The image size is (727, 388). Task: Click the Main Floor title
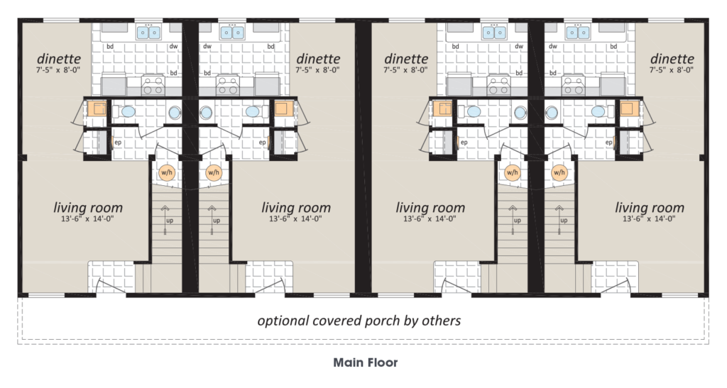point(366,362)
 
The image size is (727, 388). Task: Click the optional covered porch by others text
point(359,321)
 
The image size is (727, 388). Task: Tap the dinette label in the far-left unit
point(58,59)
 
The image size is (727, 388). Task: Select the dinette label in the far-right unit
point(672,59)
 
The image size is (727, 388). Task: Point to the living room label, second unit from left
point(296,207)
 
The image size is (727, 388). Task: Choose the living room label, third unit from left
point(430,207)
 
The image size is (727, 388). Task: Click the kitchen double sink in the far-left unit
point(148,33)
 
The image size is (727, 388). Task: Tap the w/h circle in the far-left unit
point(166,172)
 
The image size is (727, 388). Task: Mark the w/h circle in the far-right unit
point(559,172)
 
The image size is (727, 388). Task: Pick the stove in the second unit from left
point(228,86)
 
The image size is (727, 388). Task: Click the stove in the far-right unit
point(573,86)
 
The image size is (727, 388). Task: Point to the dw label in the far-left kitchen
point(173,46)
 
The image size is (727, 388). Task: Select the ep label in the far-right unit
point(608,142)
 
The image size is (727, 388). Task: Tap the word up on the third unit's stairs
point(518,221)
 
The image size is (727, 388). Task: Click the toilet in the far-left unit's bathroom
point(124,111)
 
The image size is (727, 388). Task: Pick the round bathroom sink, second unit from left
point(206,113)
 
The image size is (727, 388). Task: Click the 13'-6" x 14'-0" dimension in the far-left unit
point(87,219)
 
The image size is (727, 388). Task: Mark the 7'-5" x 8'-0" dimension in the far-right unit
point(672,70)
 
